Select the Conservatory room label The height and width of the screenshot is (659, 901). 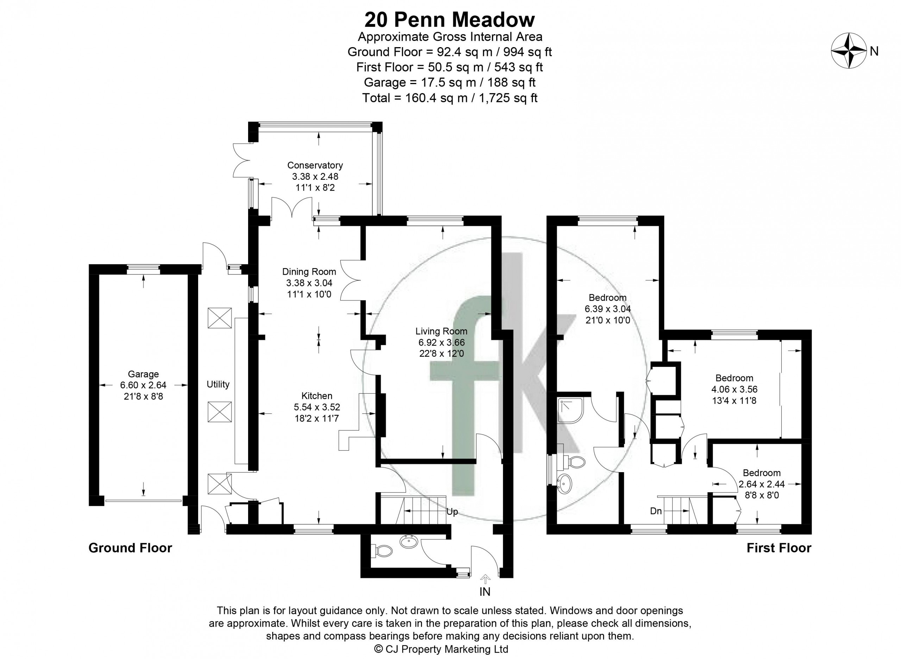coord(315,165)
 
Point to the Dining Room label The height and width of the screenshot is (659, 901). coord(309,272)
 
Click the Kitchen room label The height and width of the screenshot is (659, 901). coord(317,396)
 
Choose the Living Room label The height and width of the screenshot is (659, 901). coord(441,331)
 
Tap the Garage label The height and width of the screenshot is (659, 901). coord(143,374)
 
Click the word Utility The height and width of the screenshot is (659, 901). coord(218,384)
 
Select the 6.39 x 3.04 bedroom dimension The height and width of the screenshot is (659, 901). coord(608,309)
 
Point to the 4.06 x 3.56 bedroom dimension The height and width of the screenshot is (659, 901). coord(734,389)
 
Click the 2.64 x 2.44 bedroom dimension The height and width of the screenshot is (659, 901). coord(762,484)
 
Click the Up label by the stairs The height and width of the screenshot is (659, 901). coord(452,512)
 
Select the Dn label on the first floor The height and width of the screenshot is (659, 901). coord(656,511)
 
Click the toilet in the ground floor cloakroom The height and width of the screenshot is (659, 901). coord(384,551)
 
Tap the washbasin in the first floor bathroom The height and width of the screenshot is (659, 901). coord(564,484)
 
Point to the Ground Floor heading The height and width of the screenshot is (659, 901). coord(130,548)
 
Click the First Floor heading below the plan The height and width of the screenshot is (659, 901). coord(779,548)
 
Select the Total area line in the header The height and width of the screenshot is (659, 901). coord(450,98)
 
